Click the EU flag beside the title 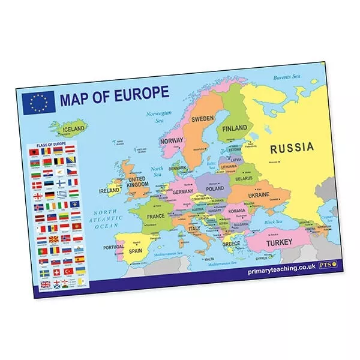38,103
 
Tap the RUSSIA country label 291,147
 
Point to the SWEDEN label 202,119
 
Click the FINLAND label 235,129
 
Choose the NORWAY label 172,141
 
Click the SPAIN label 136,251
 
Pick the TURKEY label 280,242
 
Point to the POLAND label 214,188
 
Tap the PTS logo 326,263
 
